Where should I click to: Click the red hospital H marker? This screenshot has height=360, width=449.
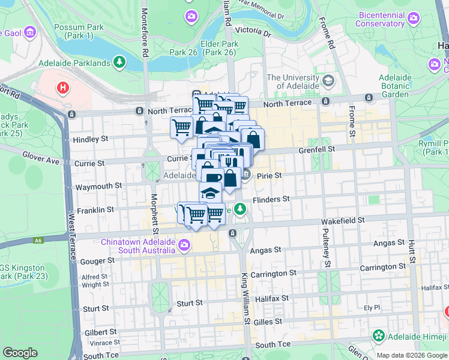point(62,89)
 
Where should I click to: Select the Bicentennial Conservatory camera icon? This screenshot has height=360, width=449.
point(413,19)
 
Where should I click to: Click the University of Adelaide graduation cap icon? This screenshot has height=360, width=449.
point(328,80)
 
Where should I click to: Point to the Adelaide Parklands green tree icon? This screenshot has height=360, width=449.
point(120,62)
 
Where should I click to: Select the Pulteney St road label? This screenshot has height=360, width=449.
point(327,247)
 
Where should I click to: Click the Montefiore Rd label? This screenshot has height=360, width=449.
point(145,32)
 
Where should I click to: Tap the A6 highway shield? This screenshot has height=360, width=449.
point(38,241)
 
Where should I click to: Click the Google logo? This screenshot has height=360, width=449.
point(20,353)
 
